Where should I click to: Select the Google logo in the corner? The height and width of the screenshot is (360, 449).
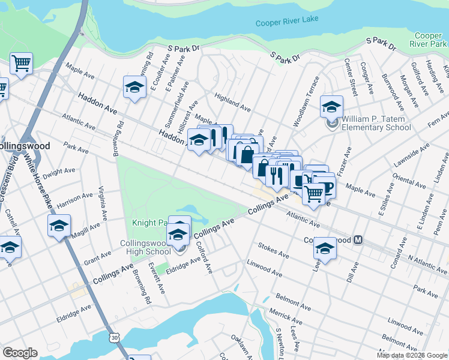pyautogui.click(x=20, y=352)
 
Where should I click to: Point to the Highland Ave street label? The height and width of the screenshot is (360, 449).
pyautogui.click(x=233, y=103)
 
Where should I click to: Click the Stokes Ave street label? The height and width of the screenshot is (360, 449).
pyautogui.click(x=273, y=251)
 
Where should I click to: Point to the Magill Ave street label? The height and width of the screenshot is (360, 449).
pyautogui.click(x=86, y=229)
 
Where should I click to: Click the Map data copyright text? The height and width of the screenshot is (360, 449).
pyautogui.click(x=412, y=355)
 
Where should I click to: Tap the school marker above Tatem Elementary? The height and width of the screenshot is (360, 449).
pyautogui.click(x=331, y=107)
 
